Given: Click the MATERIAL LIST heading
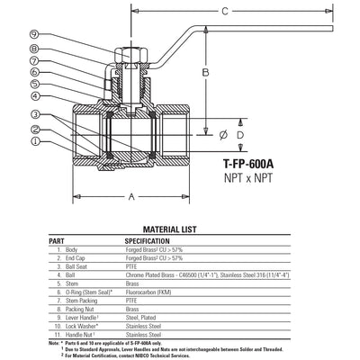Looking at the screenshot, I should (x=179, y=229).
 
